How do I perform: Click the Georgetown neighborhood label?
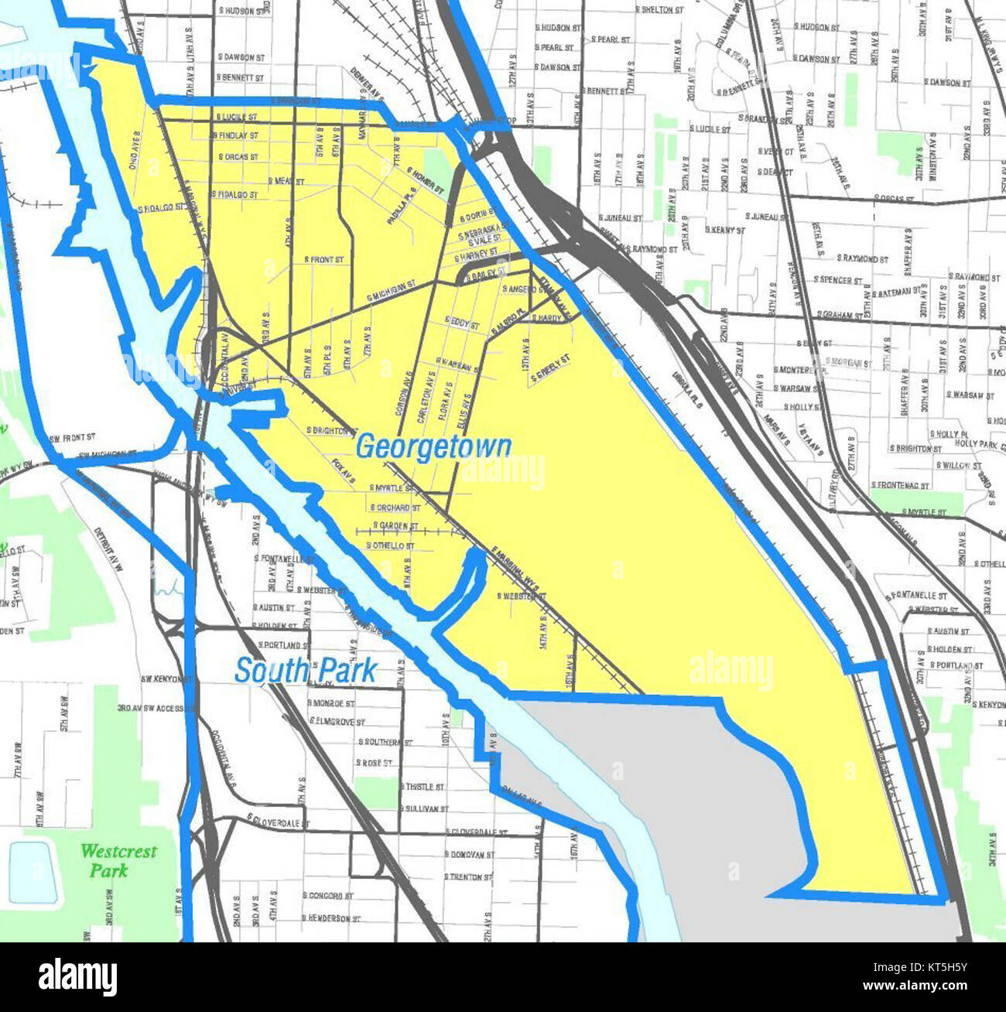tap(433, 447)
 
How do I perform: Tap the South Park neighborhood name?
tap(306, 670)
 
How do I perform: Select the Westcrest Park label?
tap(118, 860)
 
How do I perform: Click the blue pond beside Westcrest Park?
tap(33, 872)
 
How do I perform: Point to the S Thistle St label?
tap(423, 787)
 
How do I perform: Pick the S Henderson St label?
tap(331, 918)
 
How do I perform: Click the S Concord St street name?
tap(328, 896)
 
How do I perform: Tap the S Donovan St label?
tap(469, 855)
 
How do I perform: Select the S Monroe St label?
tap(331, 704)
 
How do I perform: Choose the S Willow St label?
tap(958, 466)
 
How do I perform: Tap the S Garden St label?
tap(395, 526)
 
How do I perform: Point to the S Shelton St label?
tap(659, 10)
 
